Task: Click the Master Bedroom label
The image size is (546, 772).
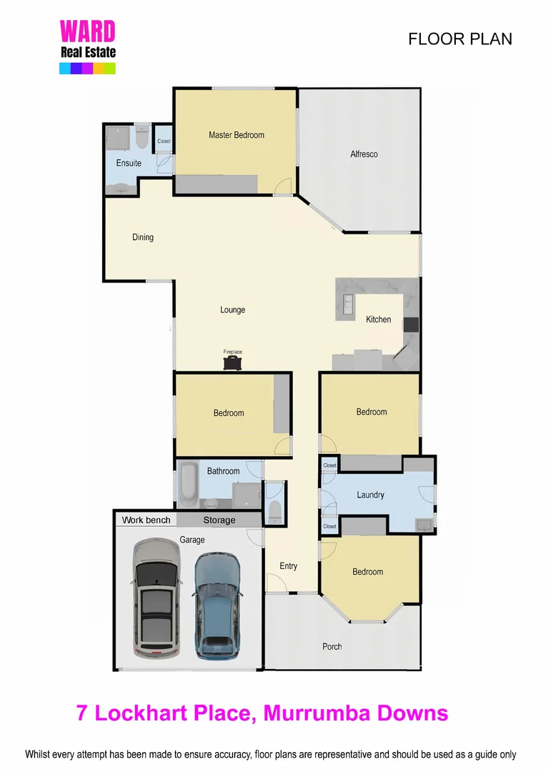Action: click(237, 135)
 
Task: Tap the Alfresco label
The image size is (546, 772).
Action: click(364, 154)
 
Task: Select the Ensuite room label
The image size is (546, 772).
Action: click(129, 163)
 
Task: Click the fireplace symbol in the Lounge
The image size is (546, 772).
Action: click(233, 363)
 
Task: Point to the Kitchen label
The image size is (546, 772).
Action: click(378, 320)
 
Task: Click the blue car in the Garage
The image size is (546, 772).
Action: click(218, 605)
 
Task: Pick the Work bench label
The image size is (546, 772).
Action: click(146, 520)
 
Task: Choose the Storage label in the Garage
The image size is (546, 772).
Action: click(219, 520)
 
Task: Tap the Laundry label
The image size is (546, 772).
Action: click(370, 495)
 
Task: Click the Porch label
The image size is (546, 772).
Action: click(332, 646)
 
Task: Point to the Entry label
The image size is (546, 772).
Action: click(288, 566)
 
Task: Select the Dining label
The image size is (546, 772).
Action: click(143, 237)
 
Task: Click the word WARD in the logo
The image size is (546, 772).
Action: click(87, 31)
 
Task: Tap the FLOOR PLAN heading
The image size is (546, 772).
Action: click(460, 39)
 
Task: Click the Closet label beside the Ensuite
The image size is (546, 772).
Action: click(164, 141)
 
